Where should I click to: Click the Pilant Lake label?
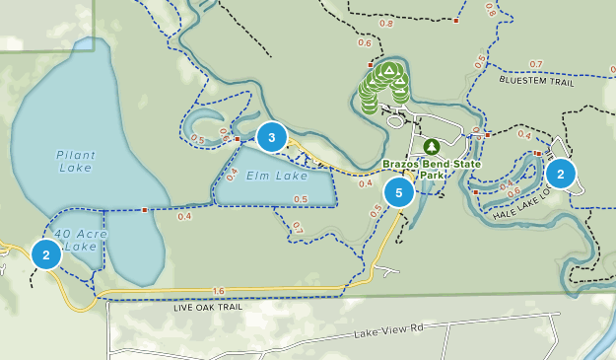(75, 161)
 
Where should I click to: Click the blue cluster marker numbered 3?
(272, 136)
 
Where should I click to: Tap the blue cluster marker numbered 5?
(399, 192)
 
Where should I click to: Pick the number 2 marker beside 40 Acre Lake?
(45, 253)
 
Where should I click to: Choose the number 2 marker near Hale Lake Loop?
(561, 174)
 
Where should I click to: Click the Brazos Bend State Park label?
(433, 169)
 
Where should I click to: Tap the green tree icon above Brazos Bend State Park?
(431, 146)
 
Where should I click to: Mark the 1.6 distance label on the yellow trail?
(218, 291)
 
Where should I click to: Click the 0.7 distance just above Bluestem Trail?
(536, 64)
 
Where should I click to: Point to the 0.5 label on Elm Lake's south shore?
(301, 200)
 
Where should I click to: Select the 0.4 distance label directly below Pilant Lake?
(184, 216)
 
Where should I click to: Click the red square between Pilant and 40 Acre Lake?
(145, 209)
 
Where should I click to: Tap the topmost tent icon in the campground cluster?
(389, 70)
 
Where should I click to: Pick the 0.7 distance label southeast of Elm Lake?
(298, 229)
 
